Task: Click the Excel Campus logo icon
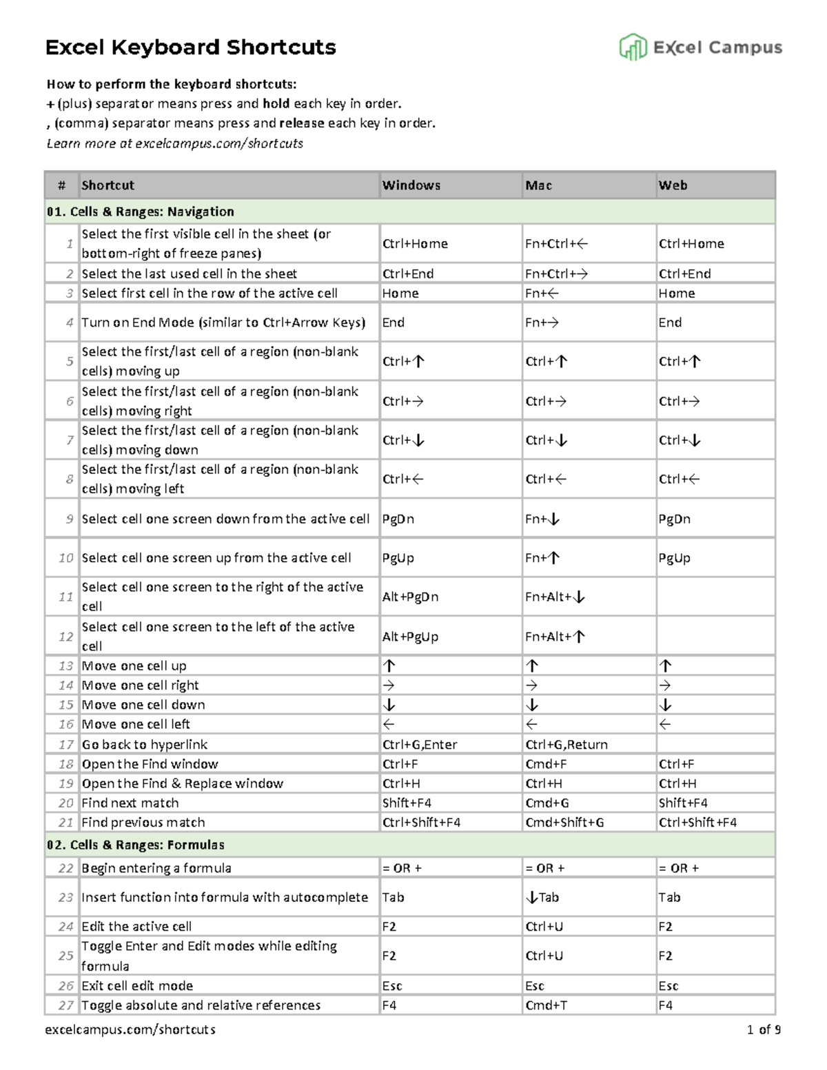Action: (633, 48)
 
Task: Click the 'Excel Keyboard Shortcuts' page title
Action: (190, 48)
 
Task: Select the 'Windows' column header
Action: (411, 185)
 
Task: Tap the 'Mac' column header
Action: (538, 185)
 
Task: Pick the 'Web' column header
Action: (673, 185)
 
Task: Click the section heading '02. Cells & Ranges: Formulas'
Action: (136, 845)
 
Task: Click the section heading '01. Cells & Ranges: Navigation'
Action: (141, 212)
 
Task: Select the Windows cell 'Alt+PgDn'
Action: (410, 597)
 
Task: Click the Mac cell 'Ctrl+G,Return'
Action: (566, 744)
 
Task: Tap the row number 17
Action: (66, 744)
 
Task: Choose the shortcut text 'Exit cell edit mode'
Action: (137, 985)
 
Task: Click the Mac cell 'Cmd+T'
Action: (546, 1005)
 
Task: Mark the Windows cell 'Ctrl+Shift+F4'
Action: (421, 822)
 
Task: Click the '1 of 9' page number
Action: (764, 1030)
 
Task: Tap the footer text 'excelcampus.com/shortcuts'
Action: (130, 1030)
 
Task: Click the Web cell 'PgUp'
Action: (674, 558)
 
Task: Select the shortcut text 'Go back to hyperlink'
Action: (145, 744)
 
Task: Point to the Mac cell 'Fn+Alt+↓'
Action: (555, 597)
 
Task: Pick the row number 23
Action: (65, 897)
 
